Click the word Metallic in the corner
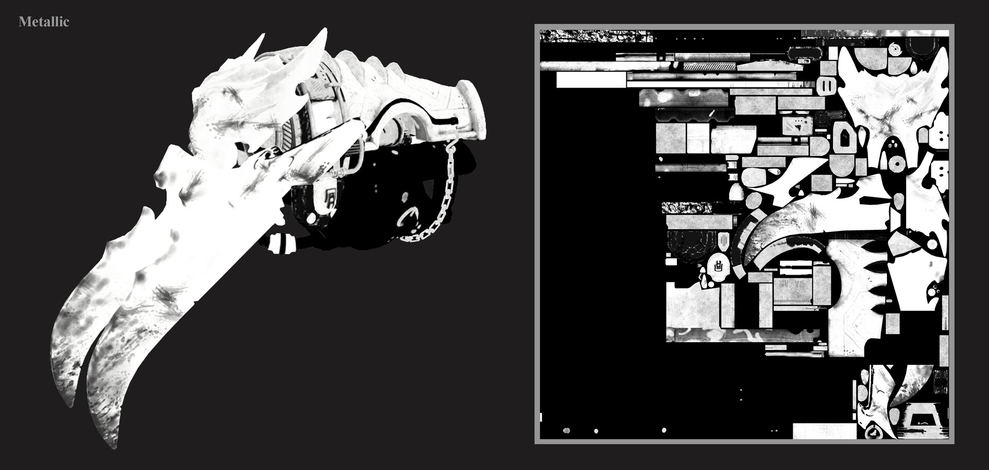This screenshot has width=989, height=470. [x=44, y=22]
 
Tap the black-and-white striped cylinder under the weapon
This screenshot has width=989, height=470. [x=283, y=243]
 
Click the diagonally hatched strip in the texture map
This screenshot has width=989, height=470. [x=709, y=67]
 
